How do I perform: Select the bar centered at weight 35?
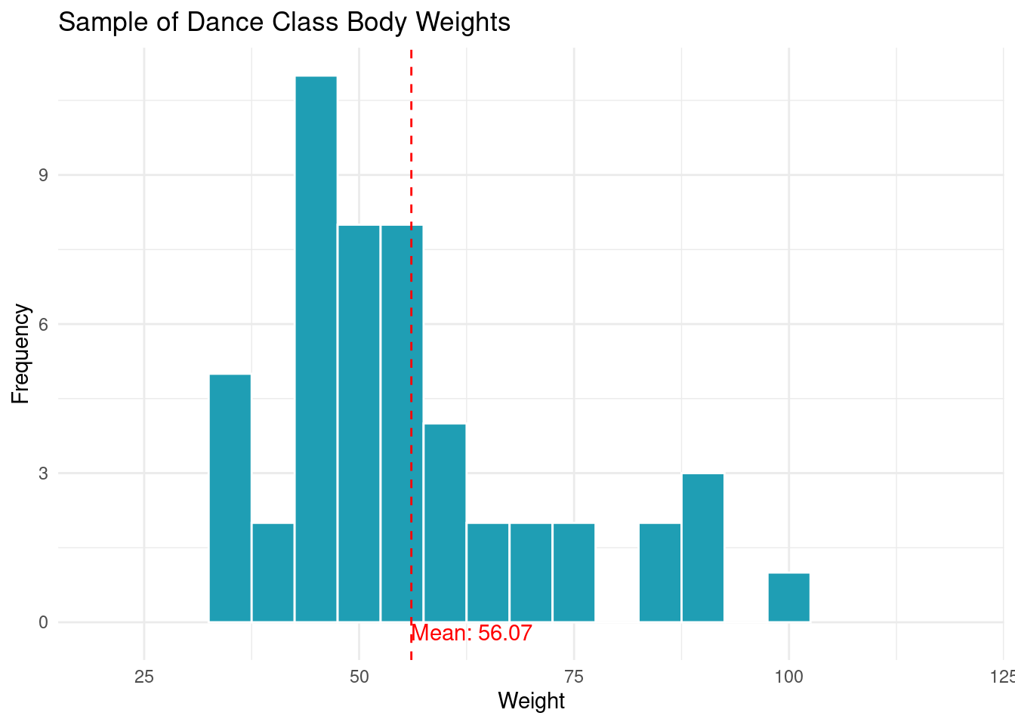230,498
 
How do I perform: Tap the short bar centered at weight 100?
789,597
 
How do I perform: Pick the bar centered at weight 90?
703,548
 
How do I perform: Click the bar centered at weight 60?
445,523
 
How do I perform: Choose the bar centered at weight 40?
273,572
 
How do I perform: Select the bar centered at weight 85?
660,572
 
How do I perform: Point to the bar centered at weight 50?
359,423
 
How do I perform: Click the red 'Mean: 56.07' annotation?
473,634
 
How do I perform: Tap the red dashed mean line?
411,151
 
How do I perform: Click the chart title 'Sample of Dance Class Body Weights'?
284,23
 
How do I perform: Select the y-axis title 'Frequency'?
21,353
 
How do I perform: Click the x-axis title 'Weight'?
531,701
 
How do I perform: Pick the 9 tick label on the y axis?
43,175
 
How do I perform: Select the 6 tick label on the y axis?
43,324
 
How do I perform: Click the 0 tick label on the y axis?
43,622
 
